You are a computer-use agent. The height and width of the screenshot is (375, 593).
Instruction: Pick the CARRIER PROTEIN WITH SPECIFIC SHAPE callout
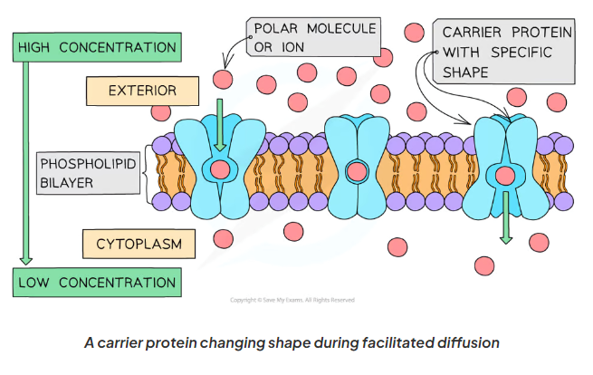(x=503, y=52)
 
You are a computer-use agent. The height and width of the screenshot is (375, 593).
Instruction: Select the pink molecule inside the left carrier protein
(x=219, y=168)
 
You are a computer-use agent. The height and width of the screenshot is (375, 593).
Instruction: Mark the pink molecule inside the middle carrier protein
(x=359, y=170)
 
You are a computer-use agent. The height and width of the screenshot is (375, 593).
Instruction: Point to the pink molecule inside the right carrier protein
(x=505, y=175)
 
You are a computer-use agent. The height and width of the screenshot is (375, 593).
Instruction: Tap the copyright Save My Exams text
(x=292, y=300)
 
